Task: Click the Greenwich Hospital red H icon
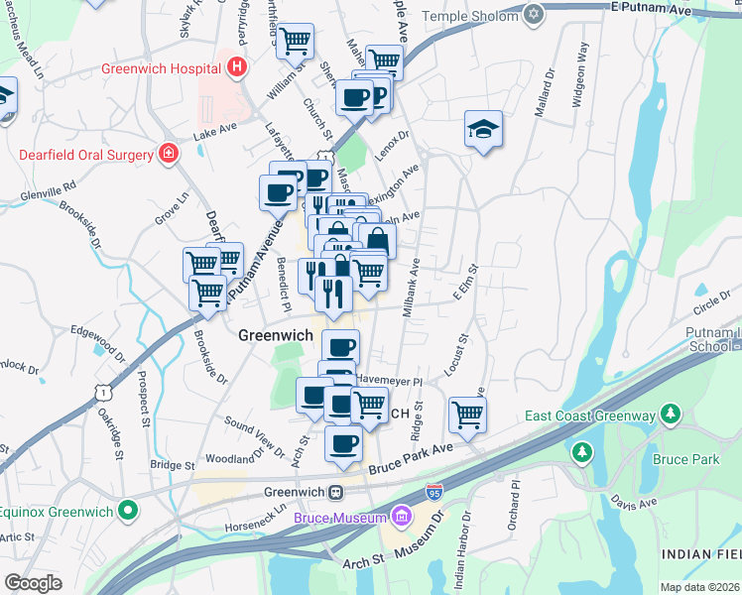click(236, 68)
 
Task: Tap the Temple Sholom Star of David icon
click(535, 16)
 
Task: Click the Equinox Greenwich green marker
click(127, 511)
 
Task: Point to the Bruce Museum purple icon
click(401, 516)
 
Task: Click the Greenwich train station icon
click(336, 493)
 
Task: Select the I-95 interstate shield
click(434, 492)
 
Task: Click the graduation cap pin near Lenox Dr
click(482, 129)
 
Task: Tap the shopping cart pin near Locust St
click(467, 415)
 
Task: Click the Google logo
click(33, 583)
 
